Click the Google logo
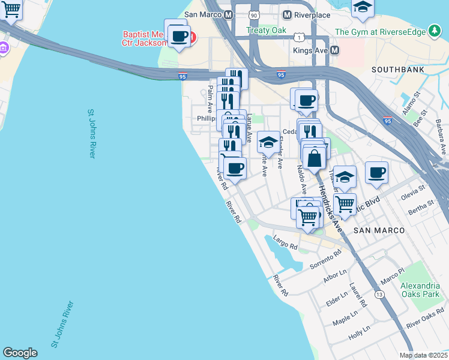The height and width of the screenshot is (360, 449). (x=20, y=353)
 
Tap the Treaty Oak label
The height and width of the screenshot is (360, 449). (x=266, y=30)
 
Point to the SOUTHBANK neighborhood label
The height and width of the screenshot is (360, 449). (x=397, y=70)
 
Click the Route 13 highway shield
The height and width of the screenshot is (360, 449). (x=379, y=295)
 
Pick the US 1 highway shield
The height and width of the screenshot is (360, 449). (x=298, y=37)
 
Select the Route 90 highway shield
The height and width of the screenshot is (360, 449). (x=255, y=14)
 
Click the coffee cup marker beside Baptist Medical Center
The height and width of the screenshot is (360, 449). (x=178, y=35)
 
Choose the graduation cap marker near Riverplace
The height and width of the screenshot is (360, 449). (x=363, y=7)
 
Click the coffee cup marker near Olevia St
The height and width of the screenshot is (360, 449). (x=376, y=173)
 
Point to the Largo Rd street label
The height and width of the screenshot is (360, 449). (x=285, y=243)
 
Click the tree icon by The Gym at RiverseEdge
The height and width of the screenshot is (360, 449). (x=435, y=31)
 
